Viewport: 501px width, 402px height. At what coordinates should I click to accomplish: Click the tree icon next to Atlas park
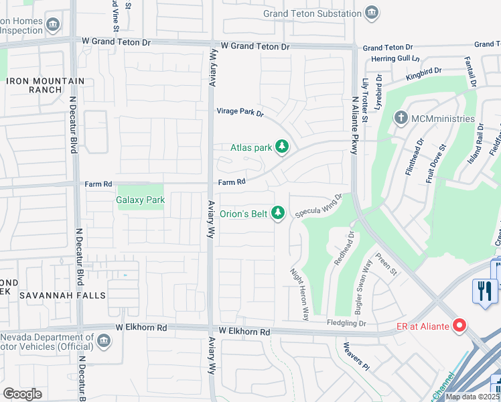click(282, 147)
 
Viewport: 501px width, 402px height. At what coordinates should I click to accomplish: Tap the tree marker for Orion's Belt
click(279, 214)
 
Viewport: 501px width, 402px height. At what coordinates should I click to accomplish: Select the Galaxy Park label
click(141, 200)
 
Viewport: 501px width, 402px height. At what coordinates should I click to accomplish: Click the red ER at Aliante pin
click(459, 326)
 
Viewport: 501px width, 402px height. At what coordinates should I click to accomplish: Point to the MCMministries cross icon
click(401, 119)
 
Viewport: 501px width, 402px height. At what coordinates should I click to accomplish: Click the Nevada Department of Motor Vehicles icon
click(103, 342)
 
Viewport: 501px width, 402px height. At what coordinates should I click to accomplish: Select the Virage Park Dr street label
click(239, 112)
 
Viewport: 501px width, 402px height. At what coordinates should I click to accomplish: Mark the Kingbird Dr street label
click(424, 74)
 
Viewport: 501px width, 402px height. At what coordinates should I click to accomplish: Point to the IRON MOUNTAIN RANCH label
click(46, 85)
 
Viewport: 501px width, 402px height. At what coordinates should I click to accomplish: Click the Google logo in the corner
click(22, 393)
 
